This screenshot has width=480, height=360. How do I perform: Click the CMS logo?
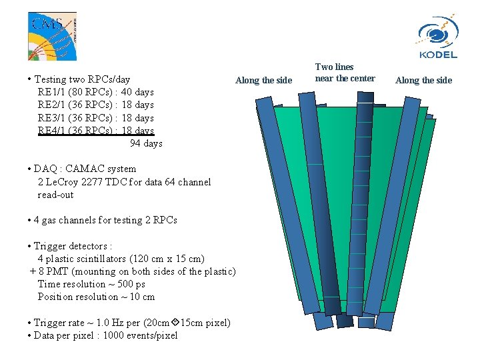click(52, 35)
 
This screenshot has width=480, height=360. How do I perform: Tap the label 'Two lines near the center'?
click(344, 73)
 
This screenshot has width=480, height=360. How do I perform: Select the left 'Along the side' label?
click(263, 80)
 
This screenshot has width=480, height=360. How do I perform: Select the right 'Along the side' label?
click(423, 80)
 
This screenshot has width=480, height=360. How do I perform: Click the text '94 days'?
click(146, 143)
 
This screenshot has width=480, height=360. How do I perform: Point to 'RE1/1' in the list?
click(51, 92)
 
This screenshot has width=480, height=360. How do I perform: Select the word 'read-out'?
click(55, 195)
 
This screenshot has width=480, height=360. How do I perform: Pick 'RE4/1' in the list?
click(51, 131)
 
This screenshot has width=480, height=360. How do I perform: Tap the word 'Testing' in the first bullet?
click(51, 79)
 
